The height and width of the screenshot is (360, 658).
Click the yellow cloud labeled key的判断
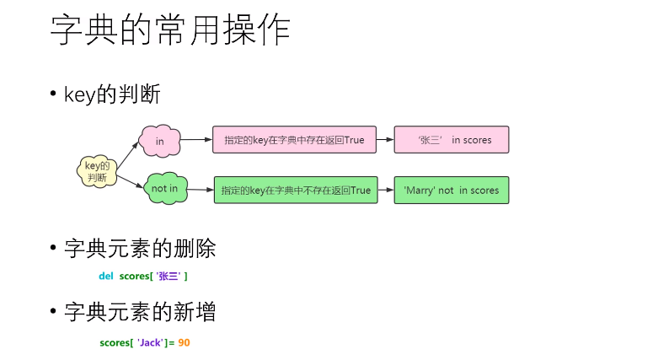[x=96, y=171]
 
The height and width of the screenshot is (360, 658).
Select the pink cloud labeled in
[x=159, y=141]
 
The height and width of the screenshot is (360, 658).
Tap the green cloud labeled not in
[x=164, y=189]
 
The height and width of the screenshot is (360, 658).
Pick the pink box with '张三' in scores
[x=452, y=140]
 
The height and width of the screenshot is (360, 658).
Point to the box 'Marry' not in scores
[x=452, y=191]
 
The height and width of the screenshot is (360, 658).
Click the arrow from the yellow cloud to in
[x=126, y=156]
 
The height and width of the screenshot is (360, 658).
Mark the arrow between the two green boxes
[x=384, y=191]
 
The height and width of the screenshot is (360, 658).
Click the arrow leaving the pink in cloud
[x=196, y=140]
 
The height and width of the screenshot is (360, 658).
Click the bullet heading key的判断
[x=112, y=94]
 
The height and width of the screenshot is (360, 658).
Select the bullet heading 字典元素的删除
[x=140, y=249]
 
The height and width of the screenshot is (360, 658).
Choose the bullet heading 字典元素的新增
[x=140, y=312]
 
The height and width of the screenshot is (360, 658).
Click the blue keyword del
[x=105, y=276]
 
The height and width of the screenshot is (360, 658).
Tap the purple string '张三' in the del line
[x=169, y=276]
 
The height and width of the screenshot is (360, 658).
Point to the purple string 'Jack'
[x=150, y=342]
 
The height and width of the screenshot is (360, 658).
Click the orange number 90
[x=184, y=342]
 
